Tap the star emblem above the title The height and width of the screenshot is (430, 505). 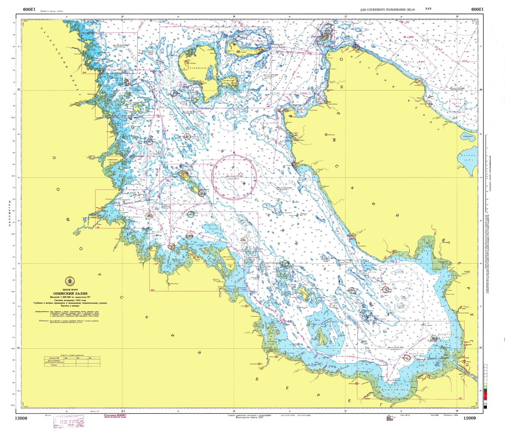coord(69,281)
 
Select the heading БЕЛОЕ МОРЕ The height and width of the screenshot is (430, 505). coord(70,290)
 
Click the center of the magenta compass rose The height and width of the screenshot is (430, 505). coord(234,177)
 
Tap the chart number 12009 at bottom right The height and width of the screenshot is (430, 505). coord(470,418)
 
